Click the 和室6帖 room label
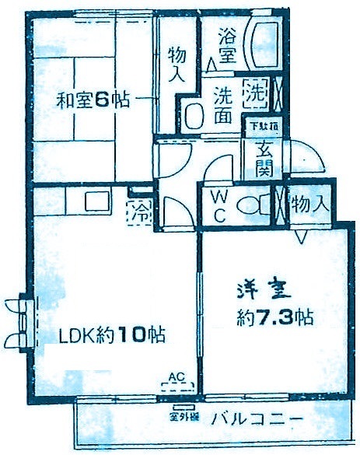(x=91, y=100)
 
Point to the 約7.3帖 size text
(x=275, y=317)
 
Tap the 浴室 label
(x=227, y=45)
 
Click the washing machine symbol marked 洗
(x=256, y=93)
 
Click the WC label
(x=218, y=207)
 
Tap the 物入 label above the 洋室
(x=309, y=205)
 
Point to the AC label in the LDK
(x=177, y=378)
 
